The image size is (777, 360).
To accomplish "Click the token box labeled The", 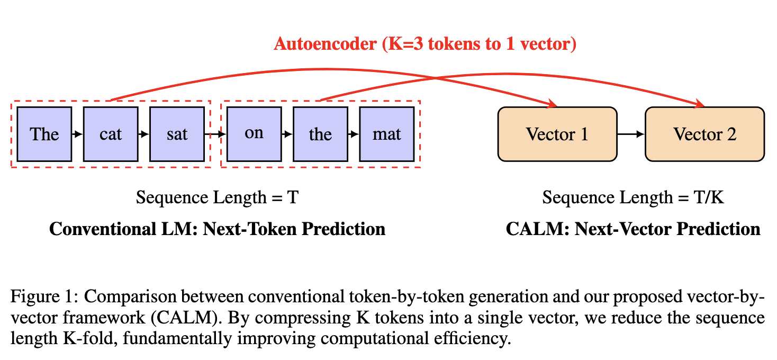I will click(x=44, y=134).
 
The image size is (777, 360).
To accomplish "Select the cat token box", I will click(x=111, y=134).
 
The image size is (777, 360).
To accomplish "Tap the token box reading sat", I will click(x=177, y=134).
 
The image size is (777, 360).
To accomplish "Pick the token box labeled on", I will click(x=254, y=134).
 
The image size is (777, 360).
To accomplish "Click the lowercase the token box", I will click(x=320, y=134).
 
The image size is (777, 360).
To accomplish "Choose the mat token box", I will click(x=386, y=134).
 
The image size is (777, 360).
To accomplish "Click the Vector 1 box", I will click(x=557, y=134).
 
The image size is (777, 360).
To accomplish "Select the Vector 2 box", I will click(x=704, y=134).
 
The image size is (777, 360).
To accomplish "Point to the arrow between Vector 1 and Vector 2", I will click(x=631, y=134).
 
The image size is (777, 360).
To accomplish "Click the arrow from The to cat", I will click(x=77, y=134).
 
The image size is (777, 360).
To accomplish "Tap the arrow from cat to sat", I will click(x=144, y=134).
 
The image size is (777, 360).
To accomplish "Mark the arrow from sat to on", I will click(x=215, y=134).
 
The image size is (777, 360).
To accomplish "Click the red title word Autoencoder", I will click(x=325, y=43).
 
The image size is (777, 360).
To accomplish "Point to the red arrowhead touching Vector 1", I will click(x=554, y=104).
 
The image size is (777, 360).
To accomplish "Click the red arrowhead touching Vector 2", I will click(x=701, y=104).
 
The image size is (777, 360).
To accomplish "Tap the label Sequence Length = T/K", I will click(x=633, y=197).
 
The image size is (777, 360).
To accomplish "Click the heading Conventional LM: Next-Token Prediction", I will click(x=217, y=229).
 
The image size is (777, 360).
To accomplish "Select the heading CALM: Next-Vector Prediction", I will click(x=633, y=229).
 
